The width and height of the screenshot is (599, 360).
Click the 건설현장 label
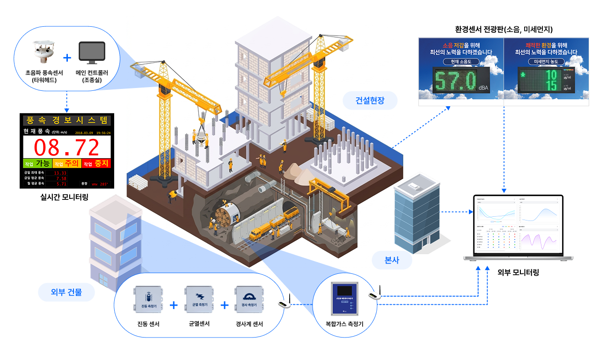coord(370,100)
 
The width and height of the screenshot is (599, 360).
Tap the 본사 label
coord(392,260)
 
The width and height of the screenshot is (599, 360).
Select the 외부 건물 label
coord(66,293)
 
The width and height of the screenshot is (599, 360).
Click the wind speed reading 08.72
coord(67,147)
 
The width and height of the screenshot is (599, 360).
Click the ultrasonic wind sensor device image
coord(44,53)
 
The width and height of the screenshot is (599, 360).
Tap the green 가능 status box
coord(37,163)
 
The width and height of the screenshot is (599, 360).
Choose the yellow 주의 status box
coord(66,163)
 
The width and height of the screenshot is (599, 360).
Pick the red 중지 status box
coord(96,163)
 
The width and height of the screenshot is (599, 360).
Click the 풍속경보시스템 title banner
coord(67,120)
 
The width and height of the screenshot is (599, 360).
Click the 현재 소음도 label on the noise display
coord(461,61)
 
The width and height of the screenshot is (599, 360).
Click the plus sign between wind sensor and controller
coord(67,58)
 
